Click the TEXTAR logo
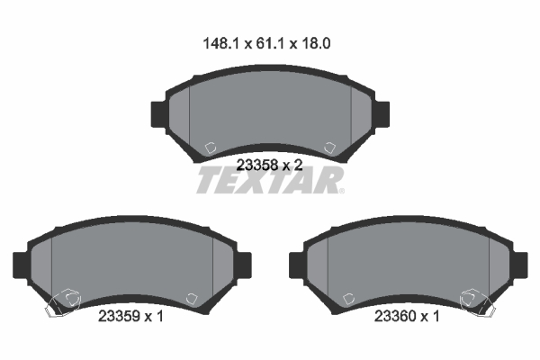click(270, 180)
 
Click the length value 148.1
click(220, 44)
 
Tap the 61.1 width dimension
click(270, 44)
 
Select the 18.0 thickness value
click(316, 44)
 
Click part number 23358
click(257, 166)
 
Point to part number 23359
click(119, 316)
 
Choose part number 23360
click(395, 316)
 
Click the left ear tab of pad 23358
click(159, 114)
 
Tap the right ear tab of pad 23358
click(382, 114)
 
